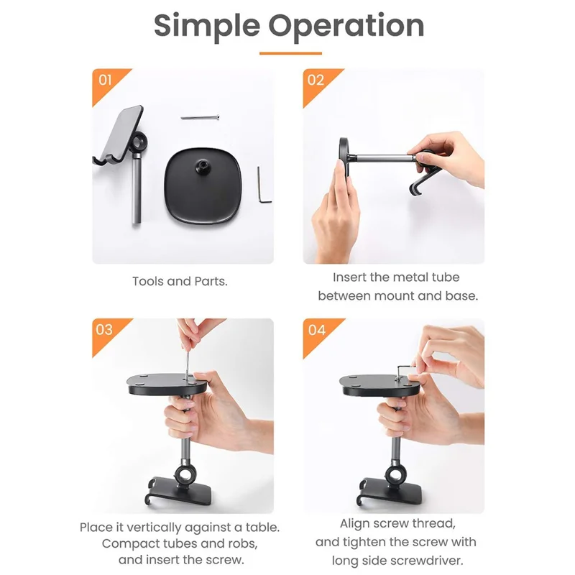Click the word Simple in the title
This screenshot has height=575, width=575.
pyautogui.click(x=208, y=25)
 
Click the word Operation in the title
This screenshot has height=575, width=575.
pyautogui.click(x=347, y=27)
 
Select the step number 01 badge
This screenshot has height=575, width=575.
pyautogui.click(x=105, y=80)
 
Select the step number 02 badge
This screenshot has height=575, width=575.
pyautogui.click(x=316, y=80)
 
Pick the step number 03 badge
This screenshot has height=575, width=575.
pyautogui.click(x=104, y=330)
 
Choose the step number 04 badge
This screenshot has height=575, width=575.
pyautogui.click(x=316, y=330)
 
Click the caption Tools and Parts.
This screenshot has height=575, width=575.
pyautogui.click(x=180, y=281)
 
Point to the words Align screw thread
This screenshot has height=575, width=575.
pyautogui.click(x=397, y=524)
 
